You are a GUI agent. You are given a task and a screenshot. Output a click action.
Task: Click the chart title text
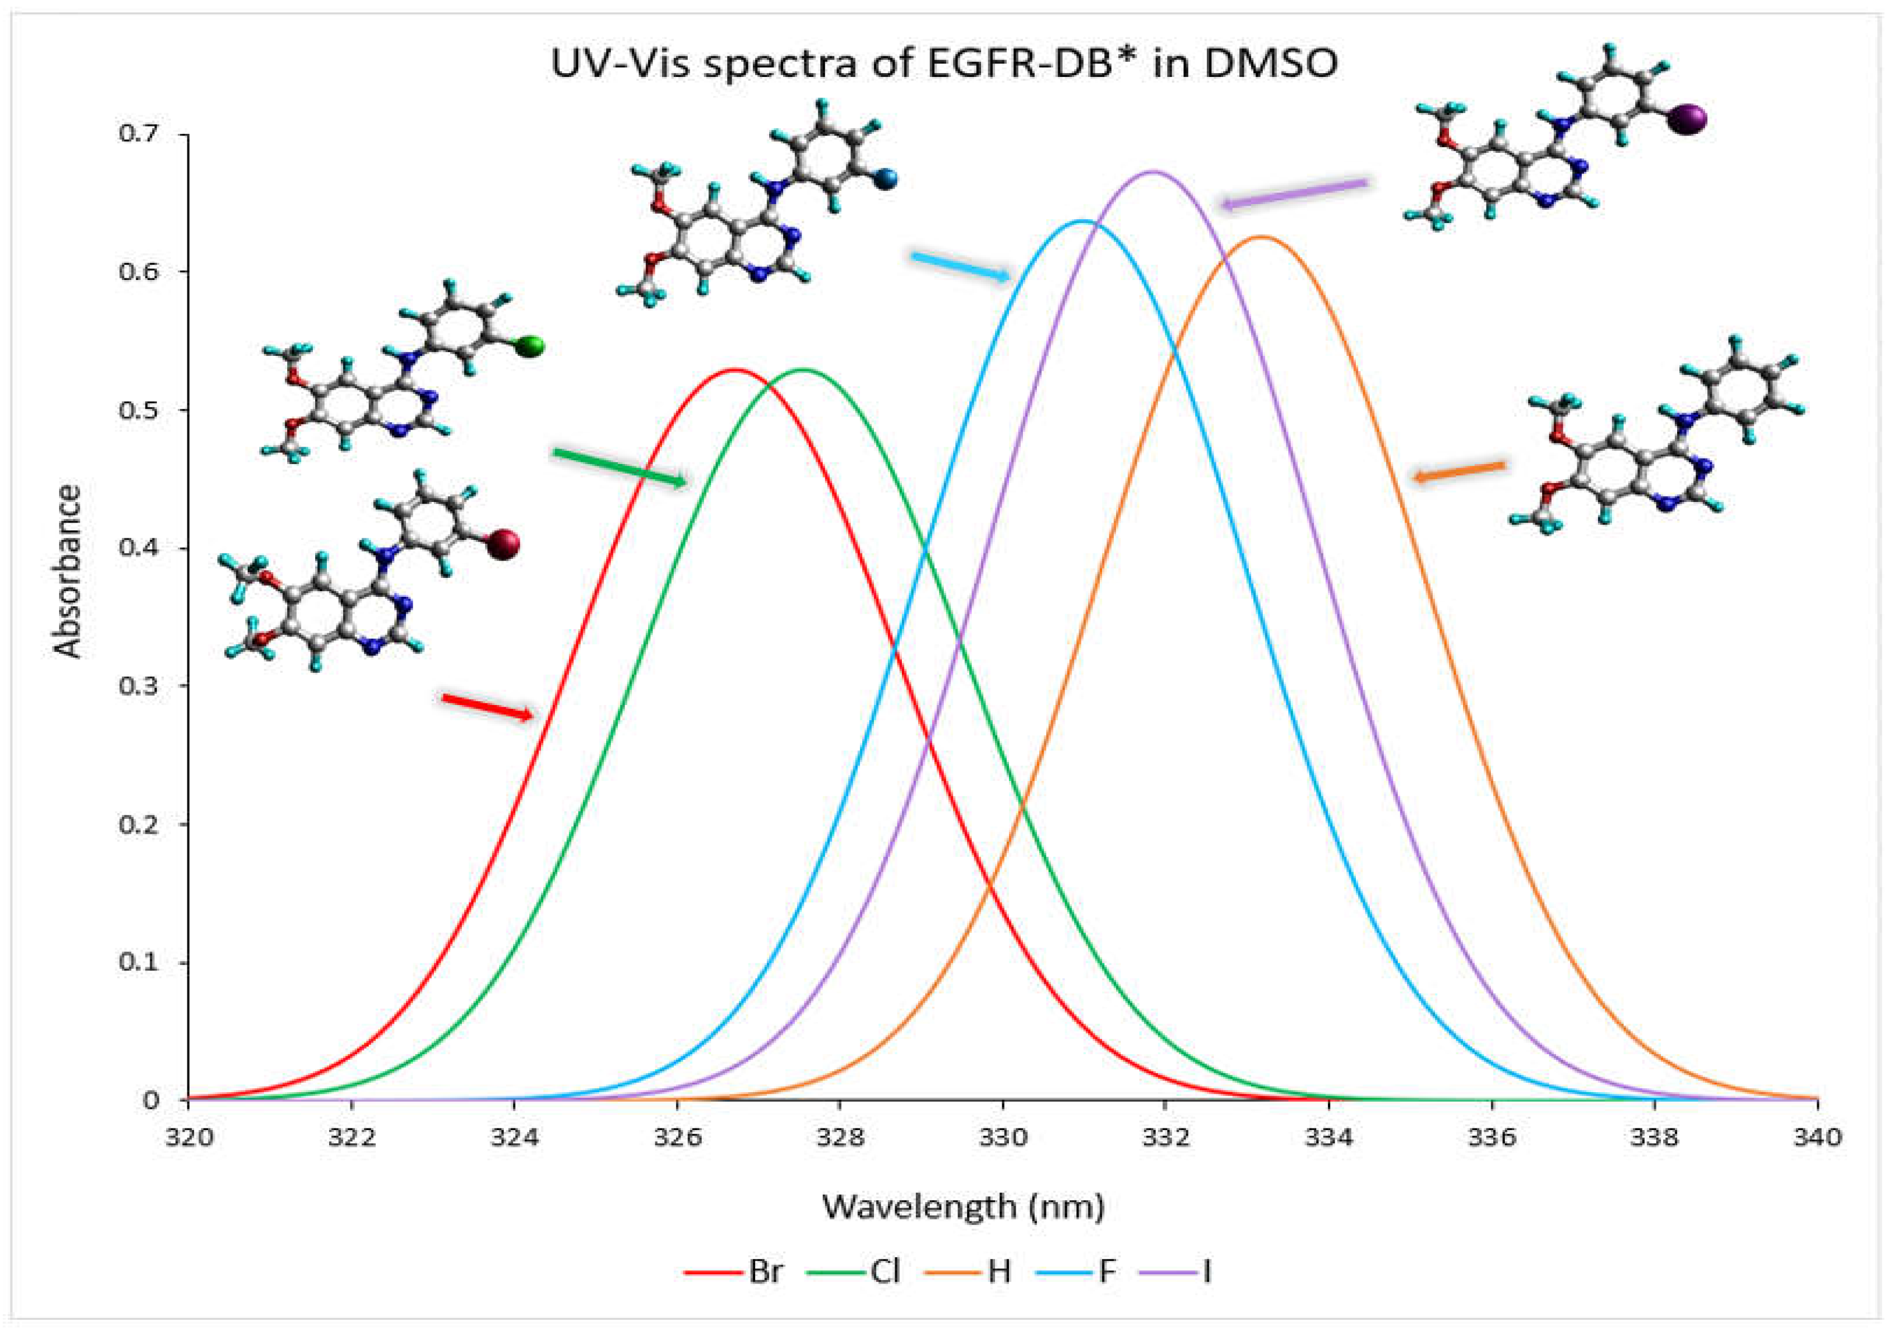click(944, 64)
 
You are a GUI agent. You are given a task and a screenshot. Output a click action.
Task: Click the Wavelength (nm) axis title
click(963, 1206)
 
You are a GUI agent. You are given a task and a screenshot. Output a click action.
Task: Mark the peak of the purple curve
click(1153, 172)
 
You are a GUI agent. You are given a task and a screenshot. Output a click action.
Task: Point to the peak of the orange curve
click(1260, 237)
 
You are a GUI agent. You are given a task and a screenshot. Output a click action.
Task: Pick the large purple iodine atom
click(1688, 119)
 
